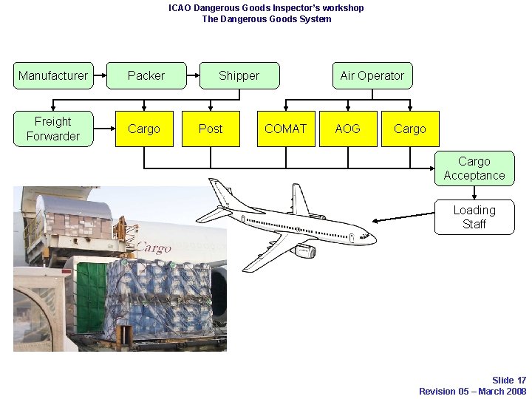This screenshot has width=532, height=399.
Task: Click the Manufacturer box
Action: [53, 75]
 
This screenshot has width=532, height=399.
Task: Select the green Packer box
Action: [146, 75]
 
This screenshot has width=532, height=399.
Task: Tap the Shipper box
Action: [239, 75]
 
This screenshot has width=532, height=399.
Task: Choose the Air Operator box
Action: [372, 75]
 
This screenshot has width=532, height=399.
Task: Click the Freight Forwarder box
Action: [53, 129]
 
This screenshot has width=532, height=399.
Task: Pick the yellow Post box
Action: [211, 129]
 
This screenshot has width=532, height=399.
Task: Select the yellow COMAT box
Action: [285, 129]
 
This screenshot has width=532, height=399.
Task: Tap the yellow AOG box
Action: [347, 129]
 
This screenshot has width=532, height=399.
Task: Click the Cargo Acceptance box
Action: [474, 168]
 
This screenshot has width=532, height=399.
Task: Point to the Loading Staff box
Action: [474, 217]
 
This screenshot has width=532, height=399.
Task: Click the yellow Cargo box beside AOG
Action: [409, 129]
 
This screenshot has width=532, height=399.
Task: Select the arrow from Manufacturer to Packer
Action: [100, 75]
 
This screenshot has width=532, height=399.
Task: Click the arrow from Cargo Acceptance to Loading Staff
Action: [474, 193]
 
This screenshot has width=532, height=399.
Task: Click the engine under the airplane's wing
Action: [304, 252]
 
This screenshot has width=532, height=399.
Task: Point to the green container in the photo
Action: [90, 296]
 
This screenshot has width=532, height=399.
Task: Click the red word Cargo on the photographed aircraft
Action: [154, 248]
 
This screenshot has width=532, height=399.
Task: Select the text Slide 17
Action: [509, 381]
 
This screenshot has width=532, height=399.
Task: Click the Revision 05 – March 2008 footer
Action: [472, 391]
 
